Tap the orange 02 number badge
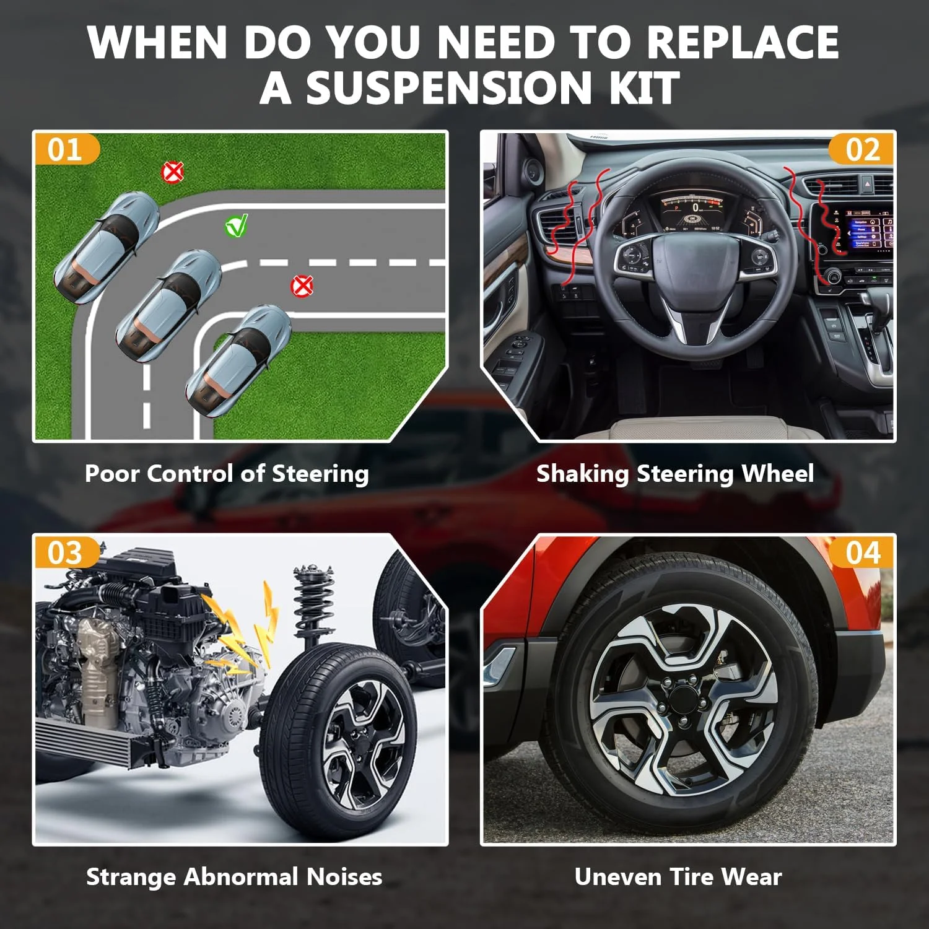(x=861, y=149)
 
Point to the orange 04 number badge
(x=861, y=552)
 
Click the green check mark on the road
(x=236, y=226)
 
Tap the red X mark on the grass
(x=173, y=172)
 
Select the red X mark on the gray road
(x=302, y=286)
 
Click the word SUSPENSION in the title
(x=450, y=88)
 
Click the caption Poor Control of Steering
(x=227, y=474)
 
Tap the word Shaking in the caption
(x=582, y=474)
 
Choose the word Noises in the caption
(x=344, y=876)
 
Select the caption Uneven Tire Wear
(x=678, y=876)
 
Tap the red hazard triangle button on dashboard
(x=867, y=184)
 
